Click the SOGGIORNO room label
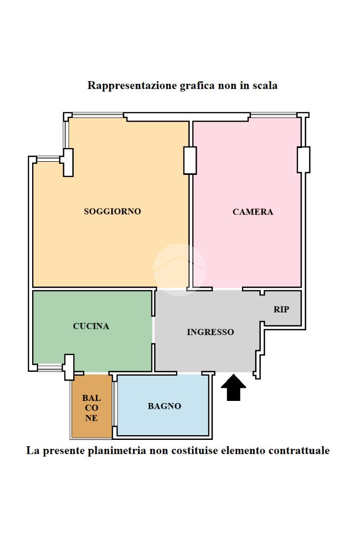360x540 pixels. point(112,211)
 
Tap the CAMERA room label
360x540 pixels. point(253,212)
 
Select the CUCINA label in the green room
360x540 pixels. point(91,326)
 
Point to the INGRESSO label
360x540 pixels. point(210,332)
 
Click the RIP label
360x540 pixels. point(281,309)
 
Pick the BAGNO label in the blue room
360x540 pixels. point(164,406)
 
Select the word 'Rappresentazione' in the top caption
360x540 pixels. point(124,85)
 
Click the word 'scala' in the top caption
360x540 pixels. point(265,85)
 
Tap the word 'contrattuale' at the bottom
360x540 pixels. point(299,450)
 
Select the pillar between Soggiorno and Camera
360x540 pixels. point(190,160)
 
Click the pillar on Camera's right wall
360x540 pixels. point(303,159)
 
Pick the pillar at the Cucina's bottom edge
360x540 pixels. point(69,367)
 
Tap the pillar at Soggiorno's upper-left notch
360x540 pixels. point(67,162)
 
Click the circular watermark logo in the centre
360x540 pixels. point(180,269)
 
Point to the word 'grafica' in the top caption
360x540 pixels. point(197,85)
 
